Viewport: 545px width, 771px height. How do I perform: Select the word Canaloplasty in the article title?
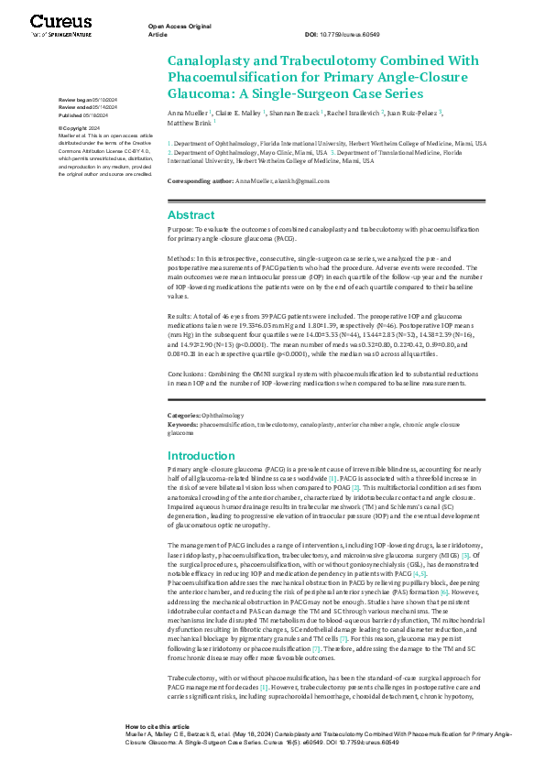tap(206, 61)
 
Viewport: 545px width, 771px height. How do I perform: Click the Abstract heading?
tap(191, 214)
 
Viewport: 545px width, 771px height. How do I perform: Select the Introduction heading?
tap(201, 455)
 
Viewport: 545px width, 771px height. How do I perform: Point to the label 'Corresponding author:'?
tap(201, 182)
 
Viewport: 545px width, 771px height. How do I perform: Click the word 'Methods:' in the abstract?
tap(183, 259)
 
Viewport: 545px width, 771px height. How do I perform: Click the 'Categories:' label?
tap(184, 415)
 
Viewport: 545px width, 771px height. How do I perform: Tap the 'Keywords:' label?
tap(182, 425)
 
